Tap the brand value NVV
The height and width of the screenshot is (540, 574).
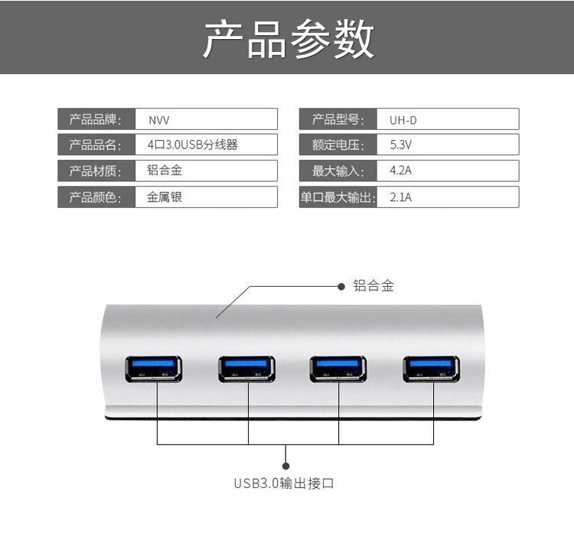tap(158, 120)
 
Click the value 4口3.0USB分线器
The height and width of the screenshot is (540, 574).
tap(192, 145)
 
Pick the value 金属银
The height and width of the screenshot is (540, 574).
tap(165, 197)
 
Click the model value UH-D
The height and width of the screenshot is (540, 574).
tap(403, 120)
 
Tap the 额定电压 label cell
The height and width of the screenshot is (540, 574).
tap(338, 145)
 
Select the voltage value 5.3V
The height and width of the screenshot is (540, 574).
tap(401, 145)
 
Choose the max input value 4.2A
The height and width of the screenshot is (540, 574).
tap(401, 171)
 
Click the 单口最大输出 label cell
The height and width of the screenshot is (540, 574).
tap(338, 197)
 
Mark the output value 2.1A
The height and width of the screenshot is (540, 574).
tap(401, 197)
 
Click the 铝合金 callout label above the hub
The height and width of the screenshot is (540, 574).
tap(373, 286)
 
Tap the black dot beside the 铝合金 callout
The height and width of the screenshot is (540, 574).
tap(341, 286)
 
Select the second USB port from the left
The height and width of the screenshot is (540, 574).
tap(247, 368)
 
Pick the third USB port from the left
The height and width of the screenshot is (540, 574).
tap(338, 368)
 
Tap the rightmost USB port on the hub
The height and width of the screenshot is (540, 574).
tap(432, 368)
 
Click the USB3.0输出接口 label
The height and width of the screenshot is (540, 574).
tap(284, 483)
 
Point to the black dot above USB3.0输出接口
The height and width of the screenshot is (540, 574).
tap(286, 464)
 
